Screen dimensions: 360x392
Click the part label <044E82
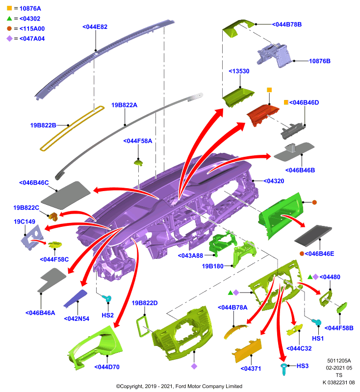pos(95,27)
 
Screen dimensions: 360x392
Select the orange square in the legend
pos(9,8)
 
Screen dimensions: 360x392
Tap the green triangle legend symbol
pos(9,18)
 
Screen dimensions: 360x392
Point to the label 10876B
pos(319,61)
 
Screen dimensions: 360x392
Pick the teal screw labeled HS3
pos(283,369)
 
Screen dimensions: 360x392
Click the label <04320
pos(274,181)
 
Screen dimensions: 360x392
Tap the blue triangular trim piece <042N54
pos(76,298)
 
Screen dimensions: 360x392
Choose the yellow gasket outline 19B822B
pos(72,128)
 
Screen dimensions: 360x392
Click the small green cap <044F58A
pos(138,163)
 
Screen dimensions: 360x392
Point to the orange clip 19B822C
pos(53,217)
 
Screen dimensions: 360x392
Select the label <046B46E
pos(319,254)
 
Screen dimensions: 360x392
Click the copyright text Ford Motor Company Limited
pos(208,386)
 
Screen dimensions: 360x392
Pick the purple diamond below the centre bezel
pos(194,366)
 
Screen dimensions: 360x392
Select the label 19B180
pos(213,266)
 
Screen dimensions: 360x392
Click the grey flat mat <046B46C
pos(66,195)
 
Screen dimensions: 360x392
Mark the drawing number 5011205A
pos(339,361)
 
